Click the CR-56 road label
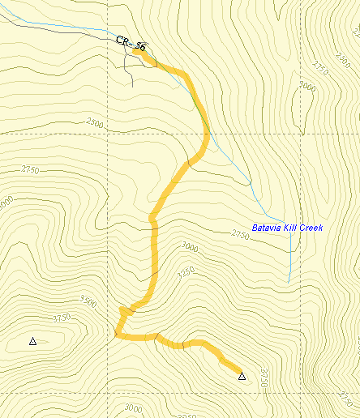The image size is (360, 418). click(x=131, y=44)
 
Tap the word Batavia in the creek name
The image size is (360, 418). click(x=267, y=228)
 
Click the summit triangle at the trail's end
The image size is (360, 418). click(x=241, y=375)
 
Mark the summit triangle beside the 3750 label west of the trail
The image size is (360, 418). click(x=32, y=341)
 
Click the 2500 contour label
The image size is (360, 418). click(x=94, y=123)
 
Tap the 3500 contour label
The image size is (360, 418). click(x=88, y=304)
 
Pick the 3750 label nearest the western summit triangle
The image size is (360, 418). click(x=61, y=318)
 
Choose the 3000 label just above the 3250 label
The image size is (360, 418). click(x=189, y=245)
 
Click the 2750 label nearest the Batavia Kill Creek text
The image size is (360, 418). click(x=240, y=234)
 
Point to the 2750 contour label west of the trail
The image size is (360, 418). click(x=31, y=169)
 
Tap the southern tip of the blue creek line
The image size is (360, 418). click(x=289, y=282)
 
